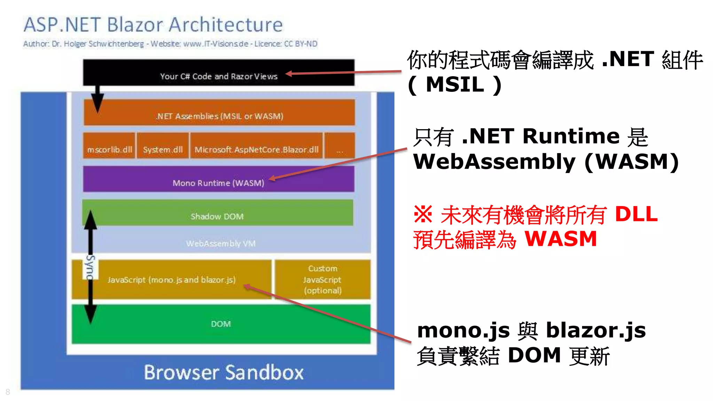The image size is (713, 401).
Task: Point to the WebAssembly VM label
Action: click(221, 243)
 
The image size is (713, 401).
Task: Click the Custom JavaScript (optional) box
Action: click(322, 280)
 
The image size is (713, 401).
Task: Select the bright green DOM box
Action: click(221, 324)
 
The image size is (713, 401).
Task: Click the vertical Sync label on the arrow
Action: click(90, 267)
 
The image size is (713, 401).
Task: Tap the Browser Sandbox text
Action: click(224, 372)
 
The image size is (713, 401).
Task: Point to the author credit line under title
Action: click(170, 44)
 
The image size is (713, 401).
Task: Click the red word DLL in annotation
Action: click(636, 214)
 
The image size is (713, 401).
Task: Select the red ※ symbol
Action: click(423, 214)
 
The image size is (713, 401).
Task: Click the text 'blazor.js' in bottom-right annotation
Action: click(596, 330)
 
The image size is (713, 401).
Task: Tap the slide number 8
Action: click(8, 392)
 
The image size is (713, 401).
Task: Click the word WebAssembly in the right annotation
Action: click(494, 162)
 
